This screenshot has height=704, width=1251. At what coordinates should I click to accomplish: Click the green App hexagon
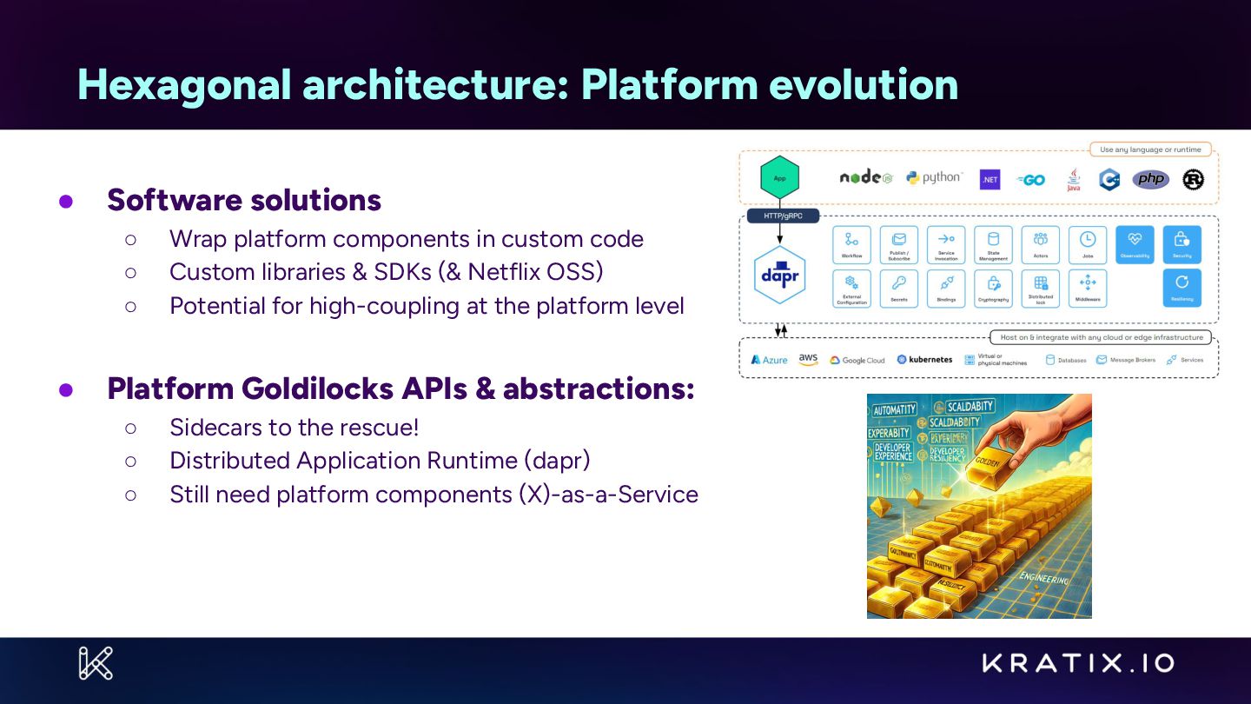(x=779, y=177)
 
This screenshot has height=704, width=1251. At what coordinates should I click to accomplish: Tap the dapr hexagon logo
(x=779, y=274)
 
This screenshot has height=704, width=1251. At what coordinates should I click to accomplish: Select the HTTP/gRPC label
(x=783, y=216)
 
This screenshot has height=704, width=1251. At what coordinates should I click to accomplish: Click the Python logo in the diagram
(x=934, y=178)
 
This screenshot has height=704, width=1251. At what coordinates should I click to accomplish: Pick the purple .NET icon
(x=990, y=180)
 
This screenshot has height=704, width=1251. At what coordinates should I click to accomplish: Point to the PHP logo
(x=1151, y=179)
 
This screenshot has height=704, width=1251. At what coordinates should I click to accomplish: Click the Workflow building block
(x=851, y=244)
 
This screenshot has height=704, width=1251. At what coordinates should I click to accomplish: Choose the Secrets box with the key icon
(x=898, y=288)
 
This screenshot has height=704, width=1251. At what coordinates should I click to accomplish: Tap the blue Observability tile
(x=1135, y=244)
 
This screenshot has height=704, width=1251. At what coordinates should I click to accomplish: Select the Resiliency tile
(x=1181, y=288)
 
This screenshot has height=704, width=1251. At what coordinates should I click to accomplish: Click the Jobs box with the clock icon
(x=1088, y=244)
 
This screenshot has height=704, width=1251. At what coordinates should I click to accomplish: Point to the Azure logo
(x=769, y=360)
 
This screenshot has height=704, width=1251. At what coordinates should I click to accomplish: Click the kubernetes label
(x=924, y=360)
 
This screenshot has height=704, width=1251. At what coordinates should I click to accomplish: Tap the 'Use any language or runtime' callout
(x=1150, y=149)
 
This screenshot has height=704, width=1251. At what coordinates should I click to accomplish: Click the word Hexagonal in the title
(x=183, y=84)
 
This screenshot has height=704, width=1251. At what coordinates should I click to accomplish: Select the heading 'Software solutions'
(x=244, y=200)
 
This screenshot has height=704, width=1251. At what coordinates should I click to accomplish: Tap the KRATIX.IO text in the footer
(x=1078, y=664)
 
